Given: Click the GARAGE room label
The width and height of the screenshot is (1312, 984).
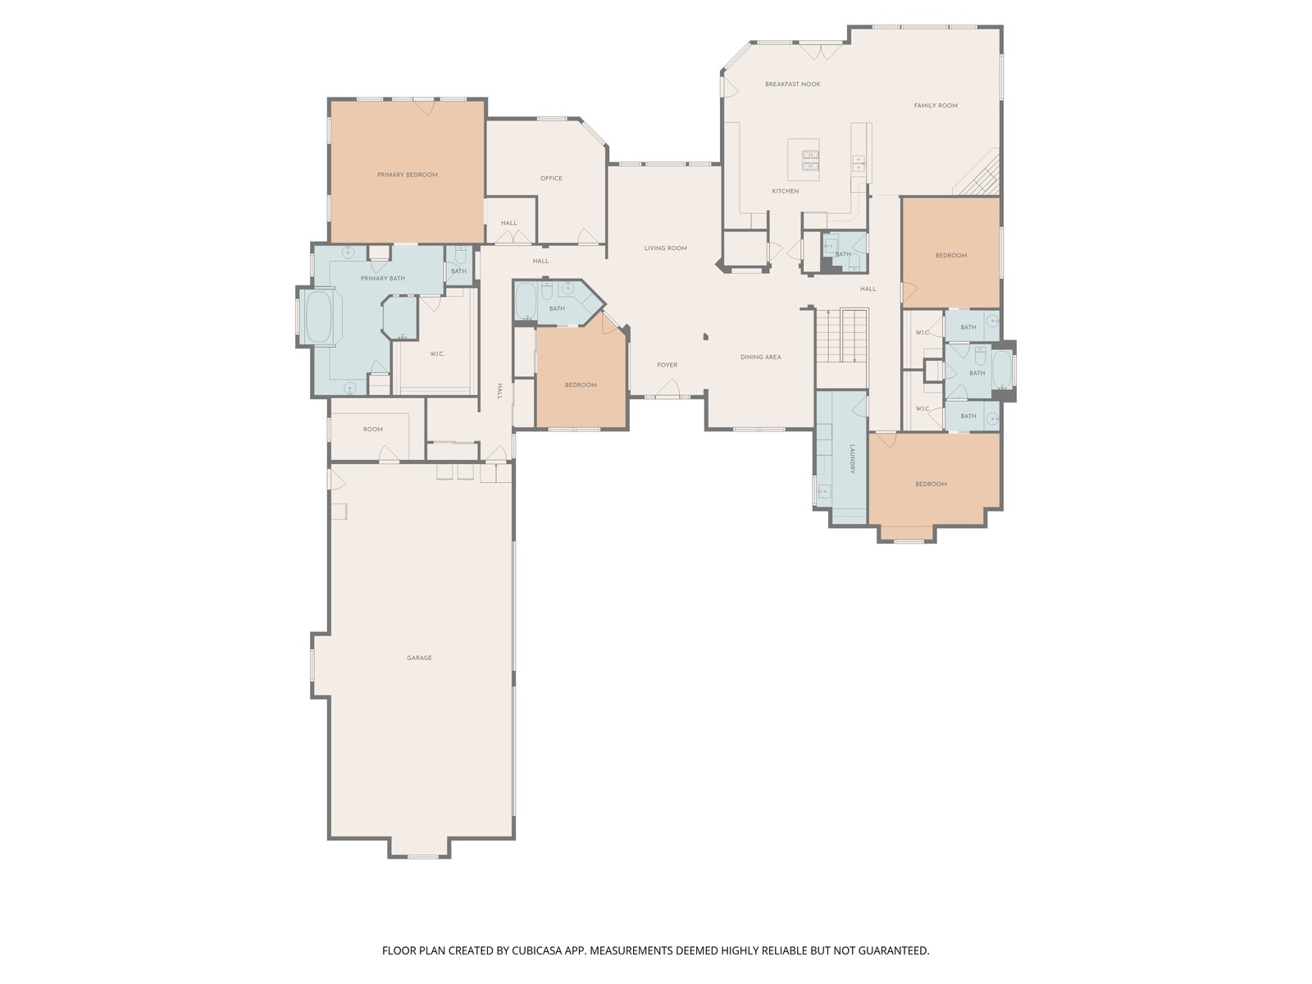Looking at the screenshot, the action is [419, 658].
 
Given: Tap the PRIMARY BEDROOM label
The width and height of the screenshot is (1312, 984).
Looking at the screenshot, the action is [407, 175].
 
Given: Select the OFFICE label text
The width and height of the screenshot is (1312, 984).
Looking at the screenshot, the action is [551, 178].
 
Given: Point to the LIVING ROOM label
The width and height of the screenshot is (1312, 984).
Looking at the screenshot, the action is [665, 248].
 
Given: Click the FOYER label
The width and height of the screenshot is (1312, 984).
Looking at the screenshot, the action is [667, 365].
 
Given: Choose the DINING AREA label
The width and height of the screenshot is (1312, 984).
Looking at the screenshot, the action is [760, 358].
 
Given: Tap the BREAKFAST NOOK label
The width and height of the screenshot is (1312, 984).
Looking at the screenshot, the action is [793, 84].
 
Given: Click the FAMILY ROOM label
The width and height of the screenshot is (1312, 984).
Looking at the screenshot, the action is [936, 106].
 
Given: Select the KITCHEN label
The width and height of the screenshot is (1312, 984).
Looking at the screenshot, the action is [785, 191].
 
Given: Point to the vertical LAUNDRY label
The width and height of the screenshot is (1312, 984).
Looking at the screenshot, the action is [852, 459].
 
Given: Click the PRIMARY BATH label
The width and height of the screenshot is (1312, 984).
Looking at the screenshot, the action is [383, 279].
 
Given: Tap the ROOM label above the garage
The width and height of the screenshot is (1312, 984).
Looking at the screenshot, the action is [372, 430].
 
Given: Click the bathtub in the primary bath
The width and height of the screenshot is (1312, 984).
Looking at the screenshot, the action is [319, 317].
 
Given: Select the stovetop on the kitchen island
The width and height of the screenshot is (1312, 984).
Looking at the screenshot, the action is [810, 160].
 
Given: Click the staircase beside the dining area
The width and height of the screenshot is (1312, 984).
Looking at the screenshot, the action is [841, 335].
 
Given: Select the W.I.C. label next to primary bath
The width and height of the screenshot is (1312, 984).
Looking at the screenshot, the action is [437, 354].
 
